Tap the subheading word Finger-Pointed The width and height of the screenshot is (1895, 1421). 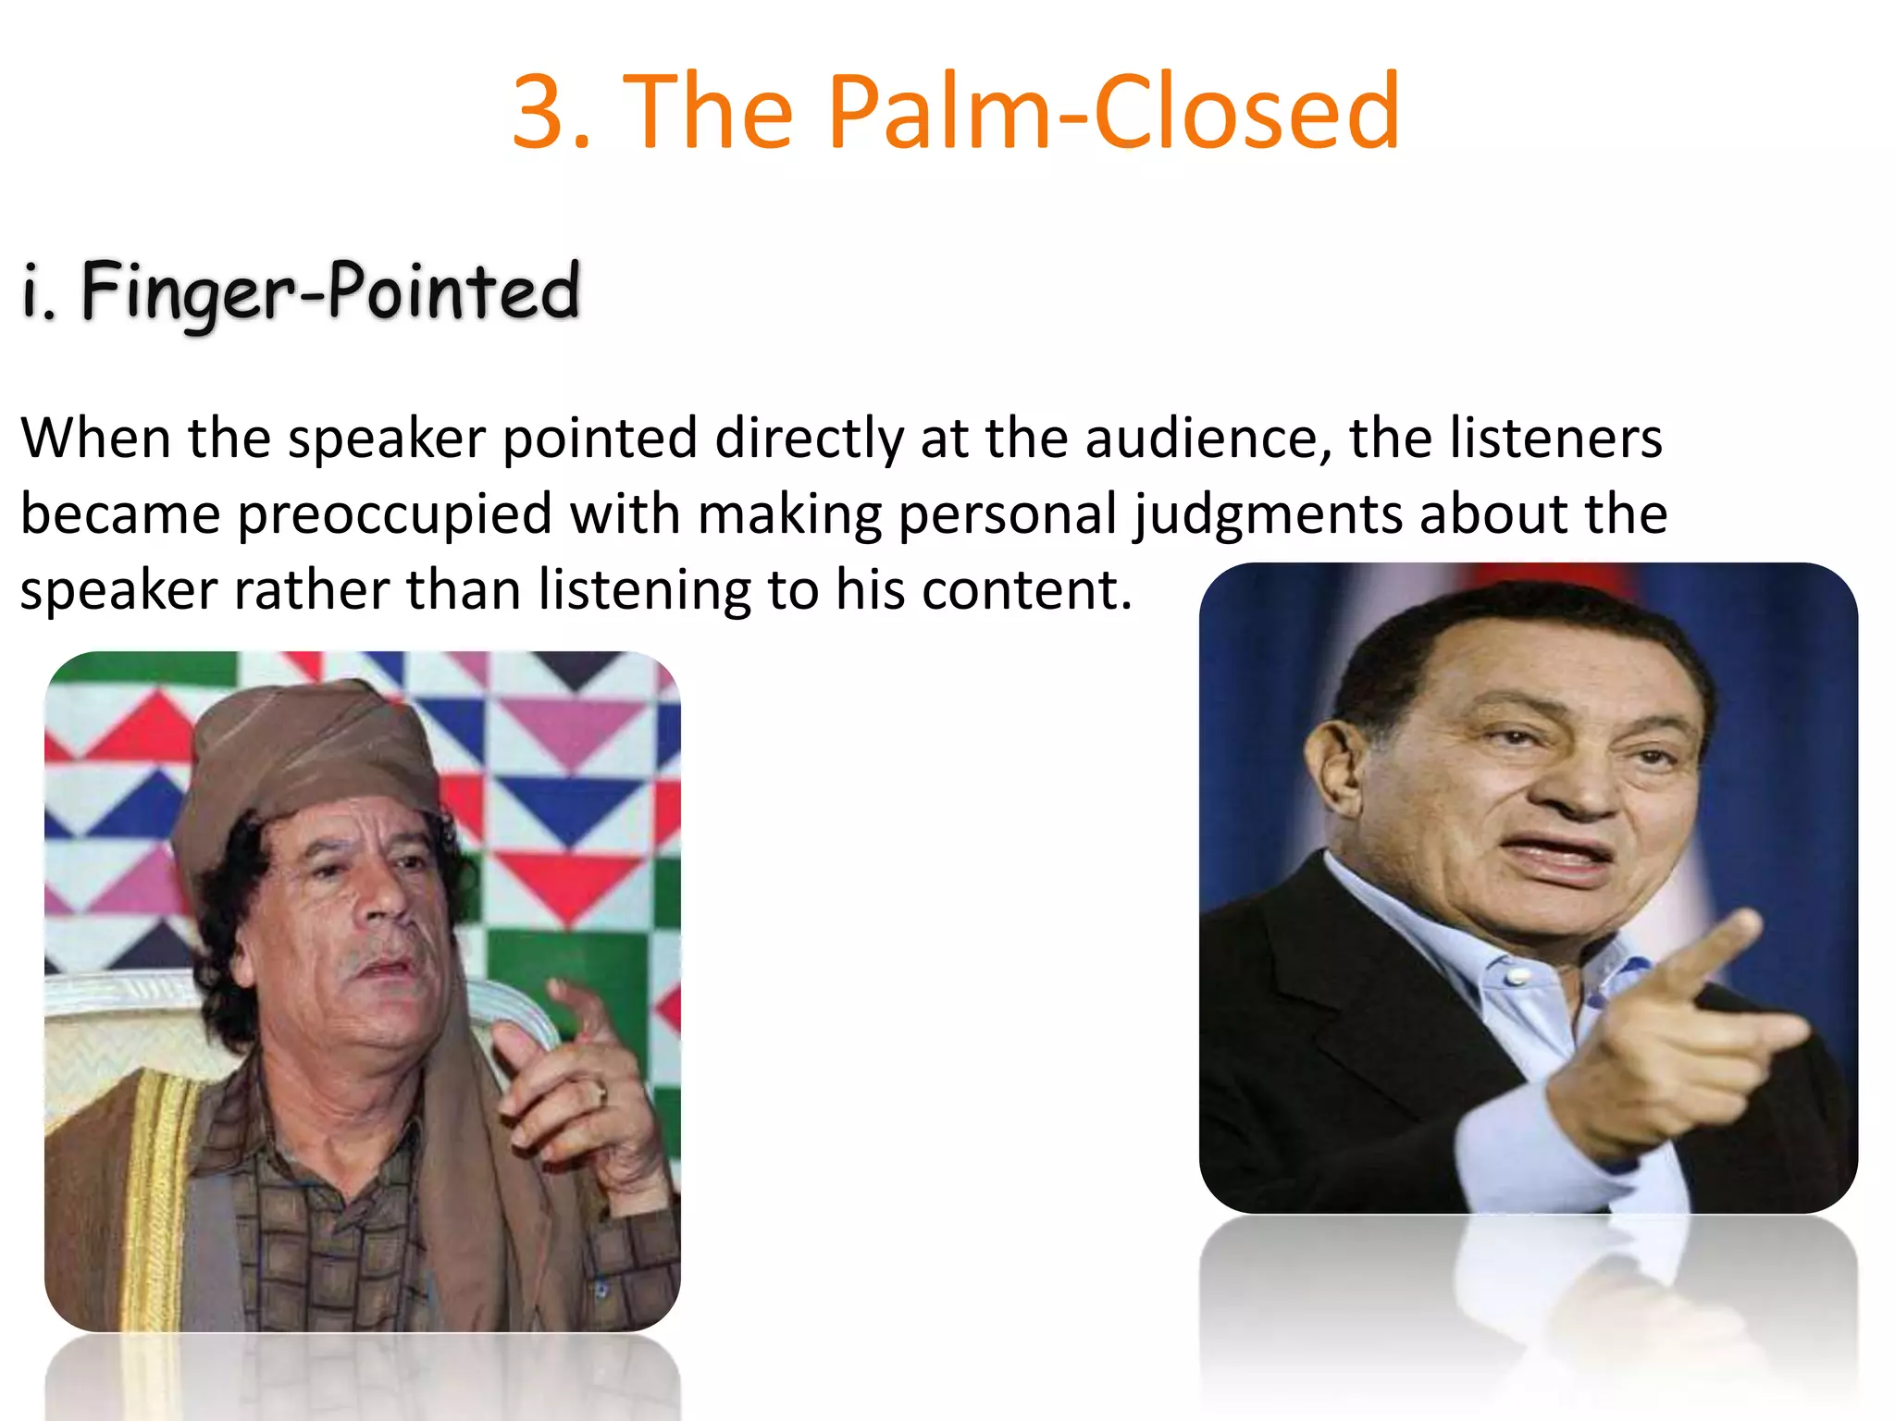tap(330, 291)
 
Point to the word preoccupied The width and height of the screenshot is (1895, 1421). tap(395, 515)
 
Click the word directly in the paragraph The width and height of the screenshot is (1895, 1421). tap(810, 439)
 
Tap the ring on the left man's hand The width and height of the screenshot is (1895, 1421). tap(601, 1094)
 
